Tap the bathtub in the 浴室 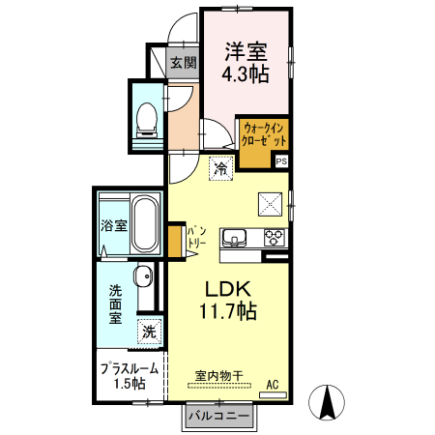tap(146, 223)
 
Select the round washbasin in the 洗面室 tap(144, 276)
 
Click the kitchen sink tap(234, 238)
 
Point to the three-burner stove tap(275, 238)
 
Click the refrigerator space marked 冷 tap(221, 168)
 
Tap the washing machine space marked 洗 tap(149, 332)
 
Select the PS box tap(281, 161)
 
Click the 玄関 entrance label tap(184, 63)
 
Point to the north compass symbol tap(327, 402)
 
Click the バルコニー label tap(219, 416)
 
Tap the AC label tap(273, 385)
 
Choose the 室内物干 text tap(219, 376)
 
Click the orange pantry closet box tap(175, 242)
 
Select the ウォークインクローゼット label tap(264, 134)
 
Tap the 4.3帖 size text tap(246, 73)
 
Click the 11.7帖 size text tap(228, 311)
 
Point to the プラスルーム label tap(130, 369)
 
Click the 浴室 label tap(114, 225)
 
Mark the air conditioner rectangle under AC tap(274, 394)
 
